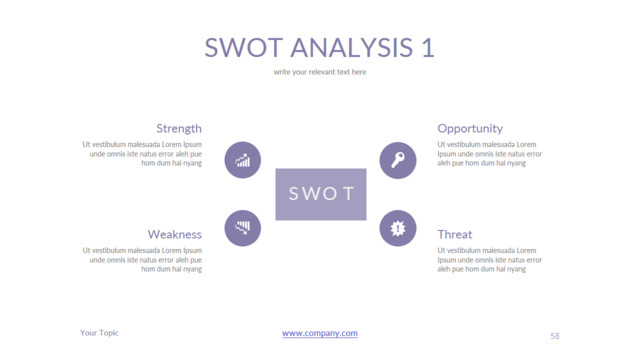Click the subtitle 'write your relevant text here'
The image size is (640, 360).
pyautogui.click(x=320, y=72)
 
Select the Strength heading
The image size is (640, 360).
pyautogui.click(x=179, y=128)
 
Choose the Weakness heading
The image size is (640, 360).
pyautogui.click(x=175, y=234)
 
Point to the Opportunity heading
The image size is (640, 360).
pyautogui.click(x=470, y=128)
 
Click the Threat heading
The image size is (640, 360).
pyautogui.click(x=455, y=234)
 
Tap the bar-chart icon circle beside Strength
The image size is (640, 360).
pyautogui.click(x=242, y=160)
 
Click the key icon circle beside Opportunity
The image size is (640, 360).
pyautogui.click(x=397, y=160)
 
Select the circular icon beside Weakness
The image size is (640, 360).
pyautogui.click(x=242, y=228)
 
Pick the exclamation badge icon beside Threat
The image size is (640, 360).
pyautogui.click(x=397, y=228)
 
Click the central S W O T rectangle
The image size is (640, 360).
pyautogui.click(x=320, y=194)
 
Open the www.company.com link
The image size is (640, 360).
pyautogui.click(x=320, y=333)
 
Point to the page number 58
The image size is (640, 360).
pyautogui.click(x=555, y=336)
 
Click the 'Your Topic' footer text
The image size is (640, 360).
pyautogui.click(x=99, y=333)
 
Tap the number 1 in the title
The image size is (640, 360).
pyautogui.click(x=428, y=47)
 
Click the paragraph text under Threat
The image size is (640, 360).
pyautogui.click(x=490, y=259)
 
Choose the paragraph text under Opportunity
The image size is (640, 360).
pyautogui.click(x=490, y=153)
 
